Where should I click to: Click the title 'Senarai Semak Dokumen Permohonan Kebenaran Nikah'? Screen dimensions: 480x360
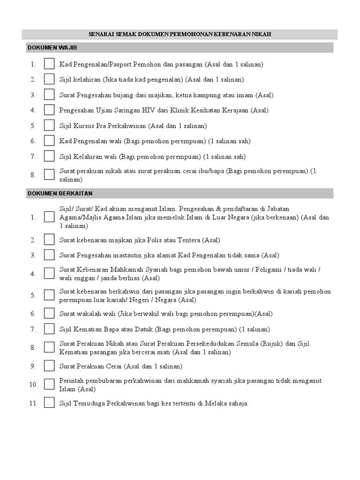coord(180,34)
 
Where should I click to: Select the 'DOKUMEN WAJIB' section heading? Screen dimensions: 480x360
coord(52,48)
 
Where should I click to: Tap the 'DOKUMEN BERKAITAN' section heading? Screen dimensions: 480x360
coord(60,193)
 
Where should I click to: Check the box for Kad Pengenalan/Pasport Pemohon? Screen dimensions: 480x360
coord(49,64)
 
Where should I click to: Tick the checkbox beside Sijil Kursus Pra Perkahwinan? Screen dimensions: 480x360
coord(49,126)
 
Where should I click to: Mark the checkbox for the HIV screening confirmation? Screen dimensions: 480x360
coord(49,110)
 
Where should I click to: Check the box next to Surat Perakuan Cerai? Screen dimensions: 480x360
coord(49,366)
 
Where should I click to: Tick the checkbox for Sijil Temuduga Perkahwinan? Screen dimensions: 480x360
coord(49,403)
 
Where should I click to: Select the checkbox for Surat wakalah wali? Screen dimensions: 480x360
coord(49,314)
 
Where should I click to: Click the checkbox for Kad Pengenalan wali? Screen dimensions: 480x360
coord(49,141)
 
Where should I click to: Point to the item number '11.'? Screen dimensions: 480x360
coord(32,403)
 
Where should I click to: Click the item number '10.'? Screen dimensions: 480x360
coord(32,384)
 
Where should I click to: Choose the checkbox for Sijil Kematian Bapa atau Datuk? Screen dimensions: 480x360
coord(49,329)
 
